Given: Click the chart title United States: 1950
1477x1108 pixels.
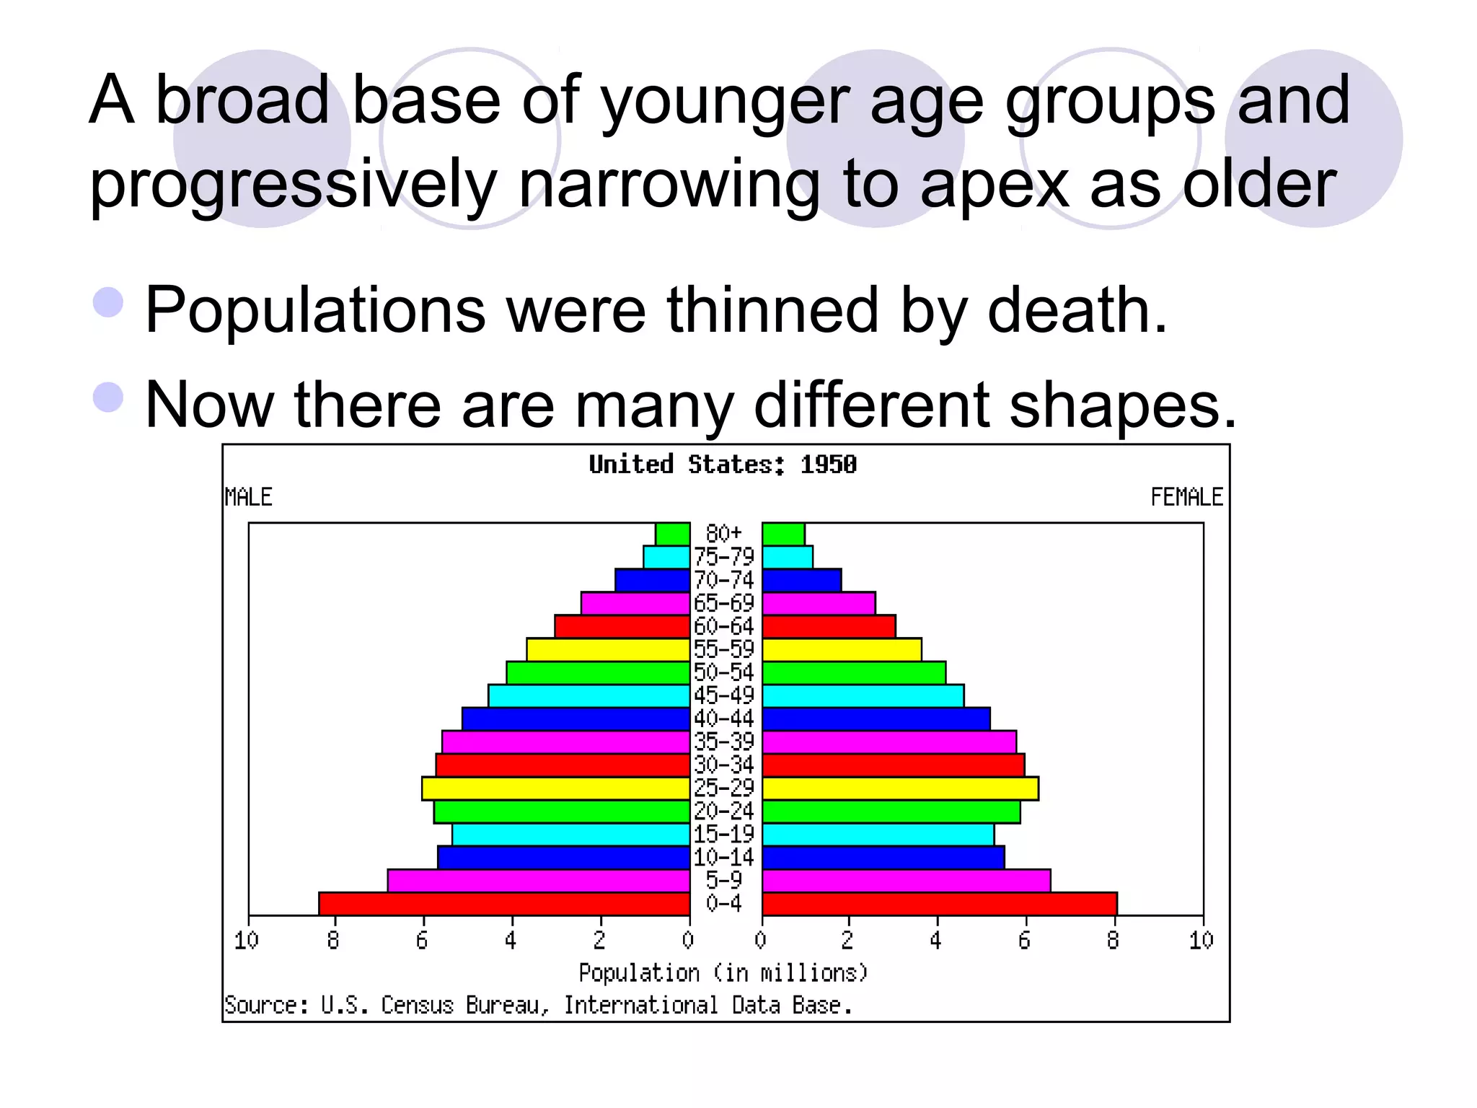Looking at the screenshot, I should coord(723,465).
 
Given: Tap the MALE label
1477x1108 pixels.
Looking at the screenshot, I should coord(248,497).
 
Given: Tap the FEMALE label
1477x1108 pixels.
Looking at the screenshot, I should coord(1186,497).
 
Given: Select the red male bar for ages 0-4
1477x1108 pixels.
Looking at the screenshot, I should coord(504,904).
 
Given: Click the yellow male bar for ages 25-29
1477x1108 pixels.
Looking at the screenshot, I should coord(555,788).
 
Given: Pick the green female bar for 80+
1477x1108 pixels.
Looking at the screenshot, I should coord(783,535).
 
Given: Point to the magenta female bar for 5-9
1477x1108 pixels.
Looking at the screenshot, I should coord(906,881).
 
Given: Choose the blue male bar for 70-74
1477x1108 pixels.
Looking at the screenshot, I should coord(652,581).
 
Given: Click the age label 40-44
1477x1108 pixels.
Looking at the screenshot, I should coord(723,718).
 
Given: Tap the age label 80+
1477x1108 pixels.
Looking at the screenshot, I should coord(723,534).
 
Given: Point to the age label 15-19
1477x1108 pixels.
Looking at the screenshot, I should coord(723,834).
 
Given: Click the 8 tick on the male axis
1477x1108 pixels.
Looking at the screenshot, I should coord(333,940).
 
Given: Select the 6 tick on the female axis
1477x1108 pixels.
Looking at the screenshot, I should coord(1024,940).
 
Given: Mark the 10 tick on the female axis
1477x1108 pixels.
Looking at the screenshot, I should coord(1201,940).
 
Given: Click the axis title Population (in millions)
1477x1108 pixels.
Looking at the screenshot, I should coord(723,973).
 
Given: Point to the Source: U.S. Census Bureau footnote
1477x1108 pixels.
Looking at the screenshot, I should coord(538,1005).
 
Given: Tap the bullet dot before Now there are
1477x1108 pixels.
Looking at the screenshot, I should coord(109,397).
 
